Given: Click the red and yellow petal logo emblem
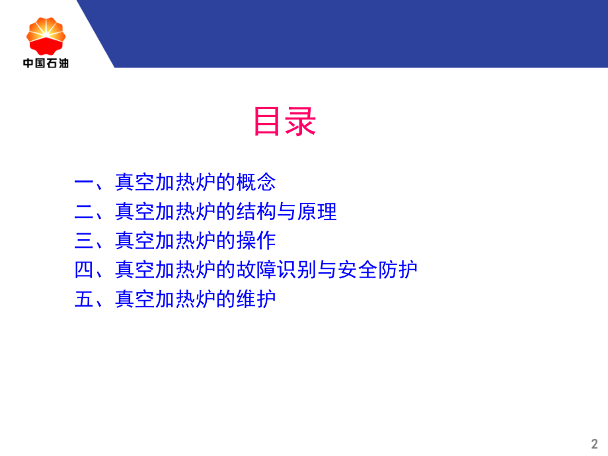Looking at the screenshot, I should click(46, 36).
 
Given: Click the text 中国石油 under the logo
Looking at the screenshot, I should click(46, 63).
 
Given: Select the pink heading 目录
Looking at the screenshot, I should click(285, 122).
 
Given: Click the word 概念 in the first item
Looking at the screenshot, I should click(256, 182).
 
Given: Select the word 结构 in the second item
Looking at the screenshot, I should click(256, 211).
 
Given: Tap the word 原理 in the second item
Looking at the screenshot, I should click(317, 211).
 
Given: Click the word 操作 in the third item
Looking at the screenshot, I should click(256, 241).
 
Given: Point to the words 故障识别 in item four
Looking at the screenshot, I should click(276, 270).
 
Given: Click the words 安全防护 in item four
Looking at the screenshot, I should click(377, 270).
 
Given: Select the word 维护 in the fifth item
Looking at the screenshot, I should click(256, 299).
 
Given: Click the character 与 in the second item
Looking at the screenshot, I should click(286, 211).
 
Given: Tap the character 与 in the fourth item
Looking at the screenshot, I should click(326, 270).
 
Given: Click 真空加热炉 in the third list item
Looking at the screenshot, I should click(165, 241).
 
